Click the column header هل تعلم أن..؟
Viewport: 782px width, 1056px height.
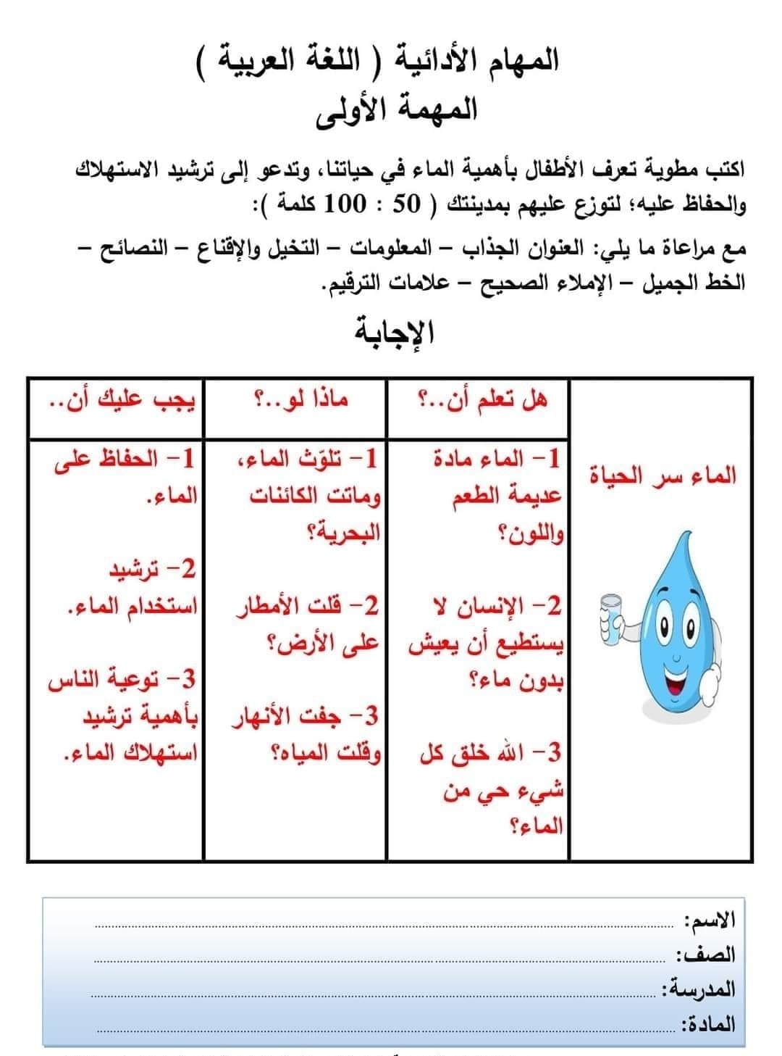[483, 398]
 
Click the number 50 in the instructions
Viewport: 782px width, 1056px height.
[405, 204]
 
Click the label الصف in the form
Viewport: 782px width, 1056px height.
[706, 954]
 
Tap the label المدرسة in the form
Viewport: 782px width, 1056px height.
[699, 988]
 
